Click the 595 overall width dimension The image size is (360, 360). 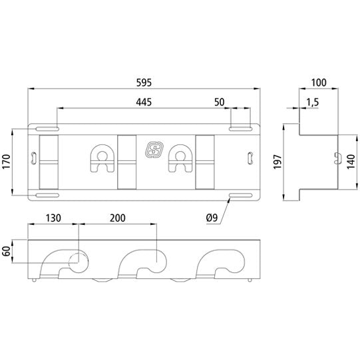(144, 83)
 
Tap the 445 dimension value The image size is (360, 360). (144, 102)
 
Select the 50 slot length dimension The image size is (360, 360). (219, 102)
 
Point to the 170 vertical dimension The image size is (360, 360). (6, 162)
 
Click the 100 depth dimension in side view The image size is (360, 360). (319, 83)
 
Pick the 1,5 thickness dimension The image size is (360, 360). (313, 102)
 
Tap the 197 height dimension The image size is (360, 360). (277, 162)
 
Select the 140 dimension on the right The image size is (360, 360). (351, 162)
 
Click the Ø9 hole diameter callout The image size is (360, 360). (212, 218)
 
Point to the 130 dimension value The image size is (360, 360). (53, 218)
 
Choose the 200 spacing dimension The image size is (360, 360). (118, 218)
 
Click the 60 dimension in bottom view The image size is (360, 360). (6, 251)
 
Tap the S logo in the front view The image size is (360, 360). (154, 150)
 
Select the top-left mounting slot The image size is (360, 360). (47, 129)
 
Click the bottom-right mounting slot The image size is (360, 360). (241, 196)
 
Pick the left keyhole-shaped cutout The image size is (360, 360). (102, 158)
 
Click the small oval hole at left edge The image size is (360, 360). (34, 158)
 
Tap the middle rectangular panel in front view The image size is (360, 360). (126, 162)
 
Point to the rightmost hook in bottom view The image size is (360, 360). (220, 263)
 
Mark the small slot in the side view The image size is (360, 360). (337, 158)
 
